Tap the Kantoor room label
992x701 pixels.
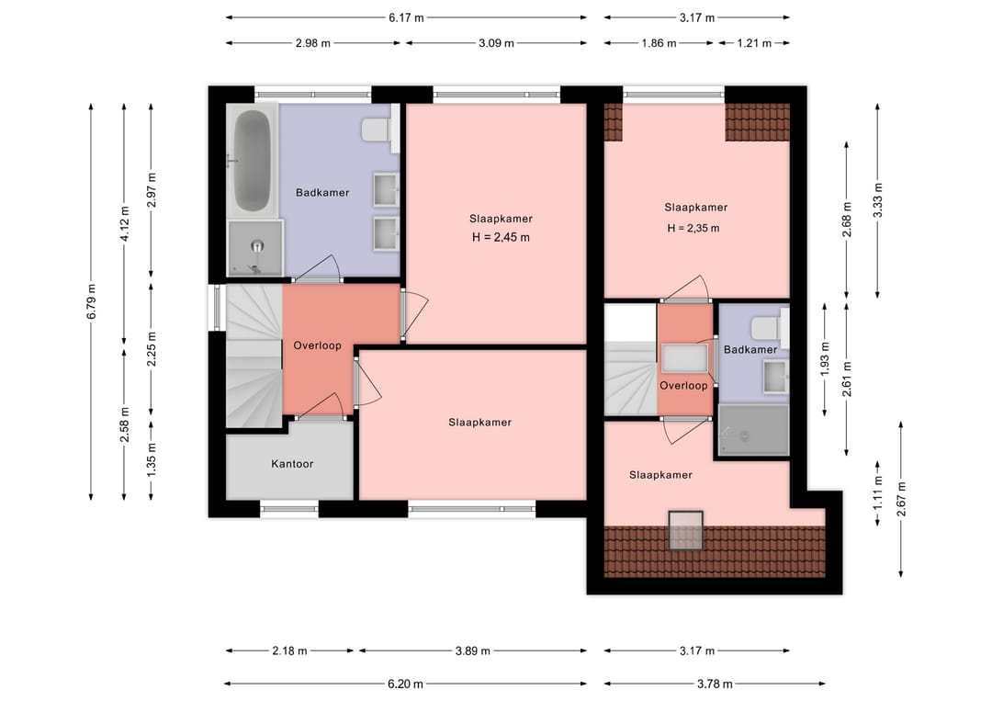pyautogui.click(x=292, y=464)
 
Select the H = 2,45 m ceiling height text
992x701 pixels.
pyautogui.click(x=501, y=237)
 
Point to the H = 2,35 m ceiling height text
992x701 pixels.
pyautogui.click(x=693, y=228)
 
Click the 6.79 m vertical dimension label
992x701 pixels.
pyautogui.click(x=91, y=300)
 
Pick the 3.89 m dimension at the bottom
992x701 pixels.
pyautogui.click(x=473, y=650)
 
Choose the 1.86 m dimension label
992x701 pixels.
pyautogui.click(x=659, y=43)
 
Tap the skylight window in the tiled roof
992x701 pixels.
pyautogui.click(x=684, y=530)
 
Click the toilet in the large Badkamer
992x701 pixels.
pyautogui.click(x=378, y=130)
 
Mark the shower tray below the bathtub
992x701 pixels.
pyautogui.click(x=254, y=247)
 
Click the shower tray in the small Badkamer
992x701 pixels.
pyautogui.click(x=753, y=430)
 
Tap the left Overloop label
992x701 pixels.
pyautogui.click(x=317, y=345)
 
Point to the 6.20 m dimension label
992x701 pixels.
pyautogui.click(x=405, y=684)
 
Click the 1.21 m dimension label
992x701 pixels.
pyautogui.click(x=752, y=43)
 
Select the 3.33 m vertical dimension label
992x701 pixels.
pyautogui.click(x=877, y=199)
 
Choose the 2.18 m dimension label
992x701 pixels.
pyautogui.click(x=289, y=650)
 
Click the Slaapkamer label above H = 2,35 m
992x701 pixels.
pyautogui.click(x=696, y=208)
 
